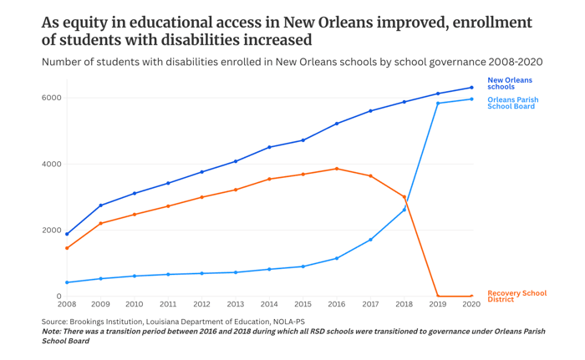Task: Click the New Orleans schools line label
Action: [509, 84]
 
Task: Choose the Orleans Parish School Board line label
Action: [512, 103]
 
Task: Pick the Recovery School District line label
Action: [516, 296]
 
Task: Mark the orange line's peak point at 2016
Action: [337, 169]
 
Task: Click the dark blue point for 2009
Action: [101, 205]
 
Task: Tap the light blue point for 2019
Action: [438, 104]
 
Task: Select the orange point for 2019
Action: [438, 296]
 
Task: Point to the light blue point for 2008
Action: [67, 282]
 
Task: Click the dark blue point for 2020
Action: [471, 88]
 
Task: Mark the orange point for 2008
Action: [67, 248]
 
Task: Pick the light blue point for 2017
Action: [370, 240]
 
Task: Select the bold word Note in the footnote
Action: [54, 332]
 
